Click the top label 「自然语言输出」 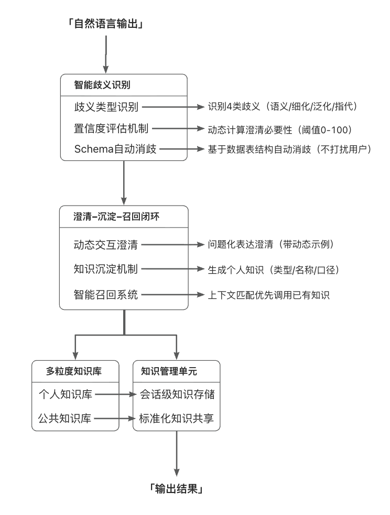[x=105, y=24]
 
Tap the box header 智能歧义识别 [x=106, y=85]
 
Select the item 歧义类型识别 [x=106, y=107]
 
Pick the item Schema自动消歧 [x=116, y=149]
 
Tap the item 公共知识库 [x=65, y=419]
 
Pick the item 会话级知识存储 [x=177, y=393]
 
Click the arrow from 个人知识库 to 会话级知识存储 [x=116, y=393]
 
